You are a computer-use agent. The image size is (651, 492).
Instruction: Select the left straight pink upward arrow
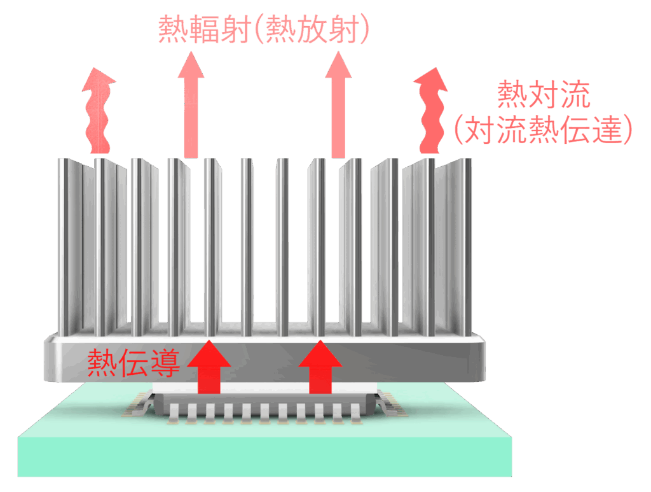point(191,105)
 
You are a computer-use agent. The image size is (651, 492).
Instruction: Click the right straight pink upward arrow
point(338,105)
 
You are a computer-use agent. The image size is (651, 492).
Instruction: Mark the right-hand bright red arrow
point(320,368)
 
